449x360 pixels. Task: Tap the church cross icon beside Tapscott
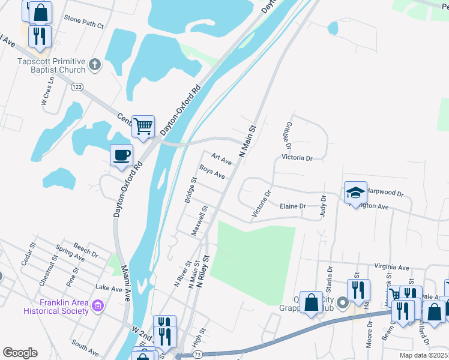point(94,64)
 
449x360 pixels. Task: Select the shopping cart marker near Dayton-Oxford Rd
point(143,127)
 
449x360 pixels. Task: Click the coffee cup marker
point(121,155)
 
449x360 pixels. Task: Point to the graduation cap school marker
point(355,193)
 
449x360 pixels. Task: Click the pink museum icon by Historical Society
point(98,307)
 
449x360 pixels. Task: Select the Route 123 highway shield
point(77,87)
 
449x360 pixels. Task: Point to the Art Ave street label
point(221,158)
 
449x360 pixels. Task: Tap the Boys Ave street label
point(212,172)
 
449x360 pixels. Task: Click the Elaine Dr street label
point(293,206)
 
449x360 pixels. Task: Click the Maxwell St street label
point(199,221)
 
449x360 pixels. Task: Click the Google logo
point(20,353)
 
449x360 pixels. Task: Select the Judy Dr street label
point(324,206)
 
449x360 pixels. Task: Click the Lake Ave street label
point(109,289)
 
